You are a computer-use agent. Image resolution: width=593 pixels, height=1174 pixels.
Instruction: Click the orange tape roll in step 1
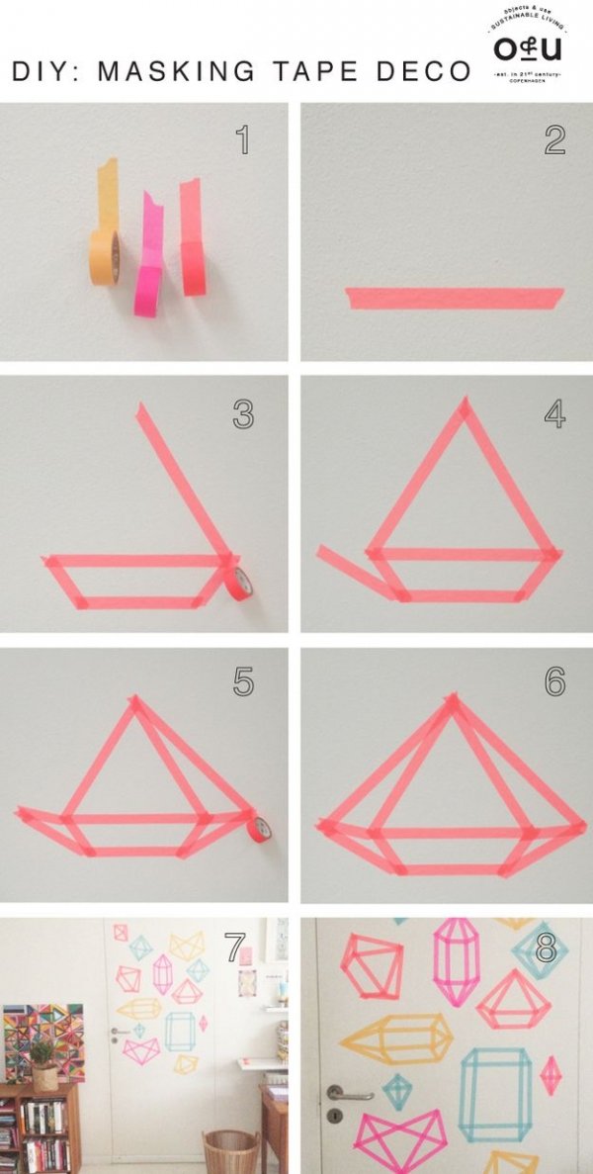tap(105, 256)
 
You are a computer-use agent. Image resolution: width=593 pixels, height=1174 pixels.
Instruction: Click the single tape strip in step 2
tap(456, 297)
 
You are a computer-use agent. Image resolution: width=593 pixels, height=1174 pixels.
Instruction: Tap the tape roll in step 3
tap(240, 584)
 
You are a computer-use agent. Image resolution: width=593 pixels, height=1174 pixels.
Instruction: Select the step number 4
tap(554, 412)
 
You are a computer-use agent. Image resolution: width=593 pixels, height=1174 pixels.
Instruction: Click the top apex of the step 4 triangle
tap(464, 406)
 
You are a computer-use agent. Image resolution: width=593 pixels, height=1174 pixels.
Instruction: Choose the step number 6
tap(554, 681)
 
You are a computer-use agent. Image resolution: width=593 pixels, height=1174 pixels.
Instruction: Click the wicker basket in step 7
tap(229, 1150)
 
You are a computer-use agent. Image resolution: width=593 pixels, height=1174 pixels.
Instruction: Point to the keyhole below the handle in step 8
tap(335, 1115)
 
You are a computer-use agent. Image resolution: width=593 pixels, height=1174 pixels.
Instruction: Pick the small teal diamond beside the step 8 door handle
tap(396, 1091)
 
